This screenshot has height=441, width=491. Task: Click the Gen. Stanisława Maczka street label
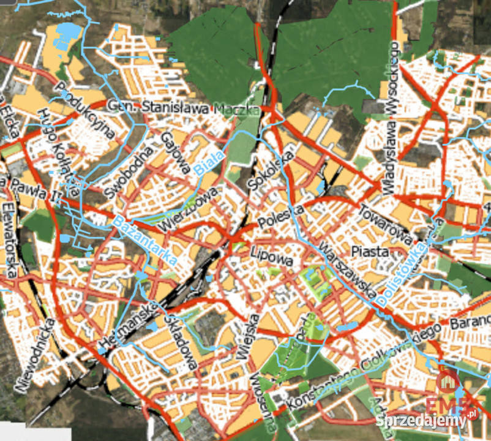[x=184, y=108]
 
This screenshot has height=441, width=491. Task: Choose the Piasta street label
[x=370, y=251]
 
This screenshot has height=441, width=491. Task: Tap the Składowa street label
[x=181, y=342]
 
